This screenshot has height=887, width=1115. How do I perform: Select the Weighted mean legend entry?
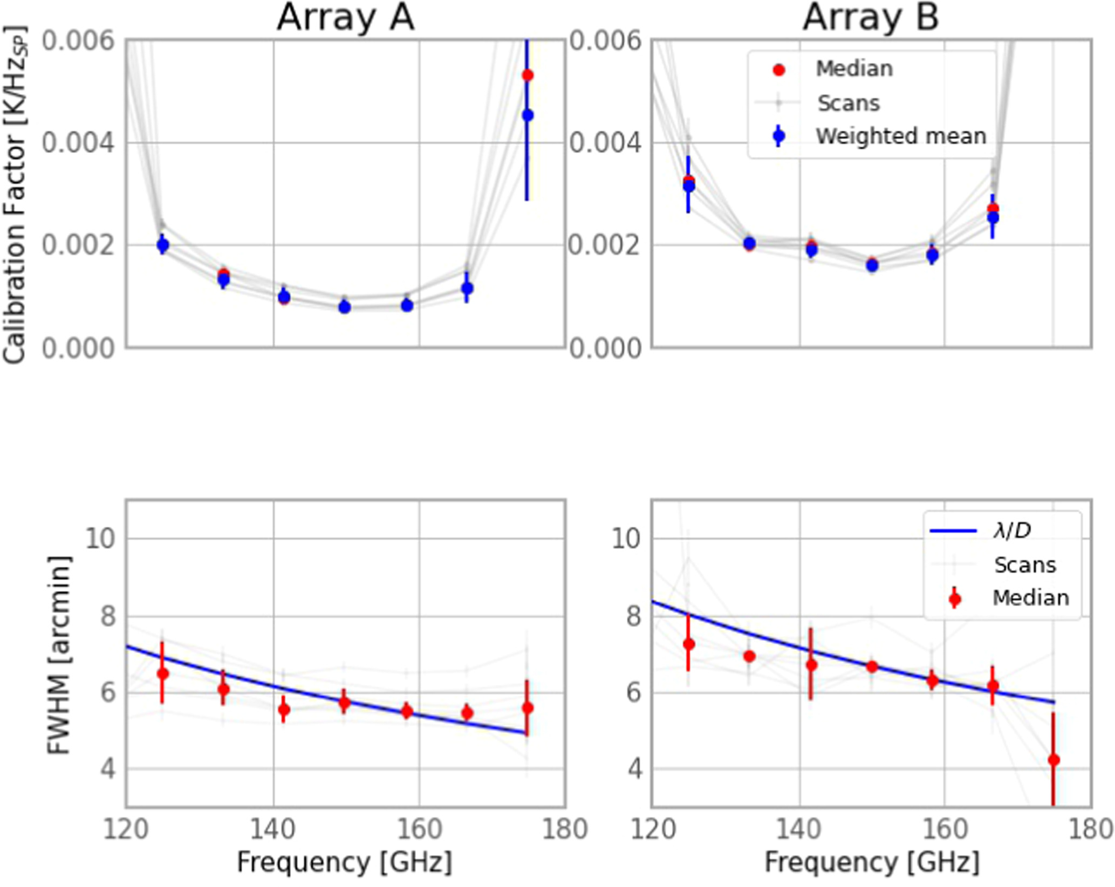point(900,136)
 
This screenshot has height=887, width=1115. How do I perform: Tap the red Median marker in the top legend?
point(778,70)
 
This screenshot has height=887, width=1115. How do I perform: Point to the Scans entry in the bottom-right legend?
point(1024,565)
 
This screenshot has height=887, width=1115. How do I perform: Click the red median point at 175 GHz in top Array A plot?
point(528,75)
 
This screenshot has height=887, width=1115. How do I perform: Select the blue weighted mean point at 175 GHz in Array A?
point(528,115)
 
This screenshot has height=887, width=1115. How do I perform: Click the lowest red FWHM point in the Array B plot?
point(1054,760)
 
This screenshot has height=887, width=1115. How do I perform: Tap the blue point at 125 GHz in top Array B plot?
point(688,187)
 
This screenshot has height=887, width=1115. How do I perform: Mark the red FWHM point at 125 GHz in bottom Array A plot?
point(162,673)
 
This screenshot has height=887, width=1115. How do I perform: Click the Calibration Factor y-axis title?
point(15,194)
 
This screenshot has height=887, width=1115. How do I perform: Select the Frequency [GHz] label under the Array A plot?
point(345,861)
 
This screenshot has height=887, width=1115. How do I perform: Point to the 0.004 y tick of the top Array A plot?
point(79,143)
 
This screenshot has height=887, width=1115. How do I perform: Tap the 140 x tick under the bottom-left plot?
point(273,829)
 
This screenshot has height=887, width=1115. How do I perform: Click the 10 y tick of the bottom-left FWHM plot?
point(100,538)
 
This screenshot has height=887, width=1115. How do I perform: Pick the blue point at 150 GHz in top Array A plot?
point(345,307)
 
